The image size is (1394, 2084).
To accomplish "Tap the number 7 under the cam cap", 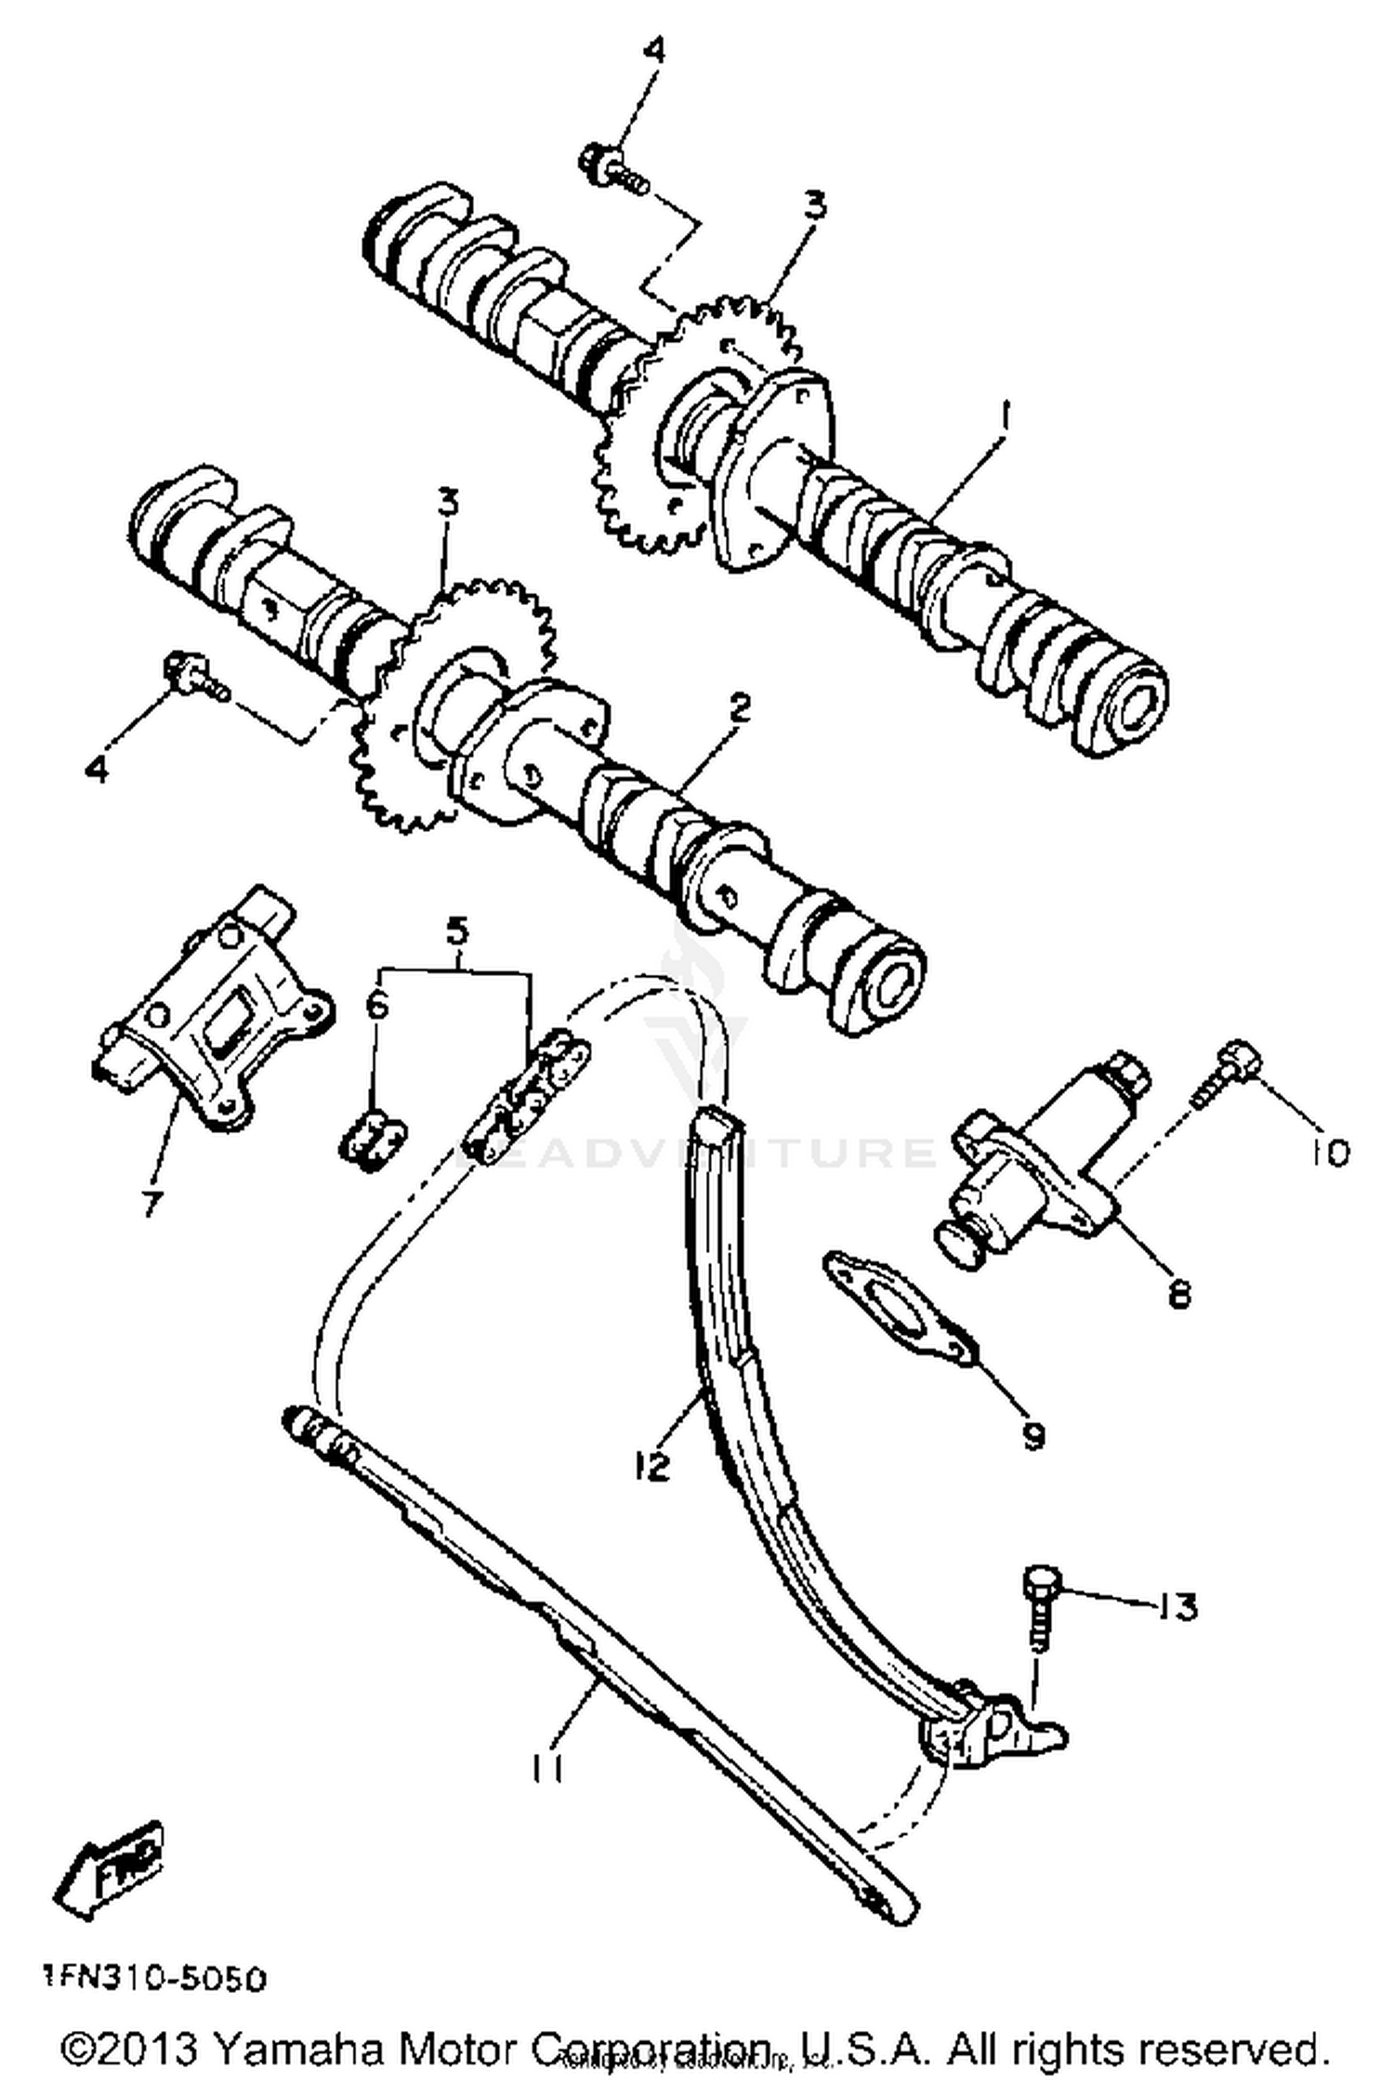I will click(x=151, y=1203).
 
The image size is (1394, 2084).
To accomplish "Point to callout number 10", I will click(x=1331, y=1153).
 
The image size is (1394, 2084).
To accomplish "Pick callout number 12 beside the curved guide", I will click(x=652, y=1467).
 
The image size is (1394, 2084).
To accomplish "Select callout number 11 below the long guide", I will click(x=547, y=1770).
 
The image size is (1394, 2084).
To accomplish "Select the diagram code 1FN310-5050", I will click(x=153, y=1979).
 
